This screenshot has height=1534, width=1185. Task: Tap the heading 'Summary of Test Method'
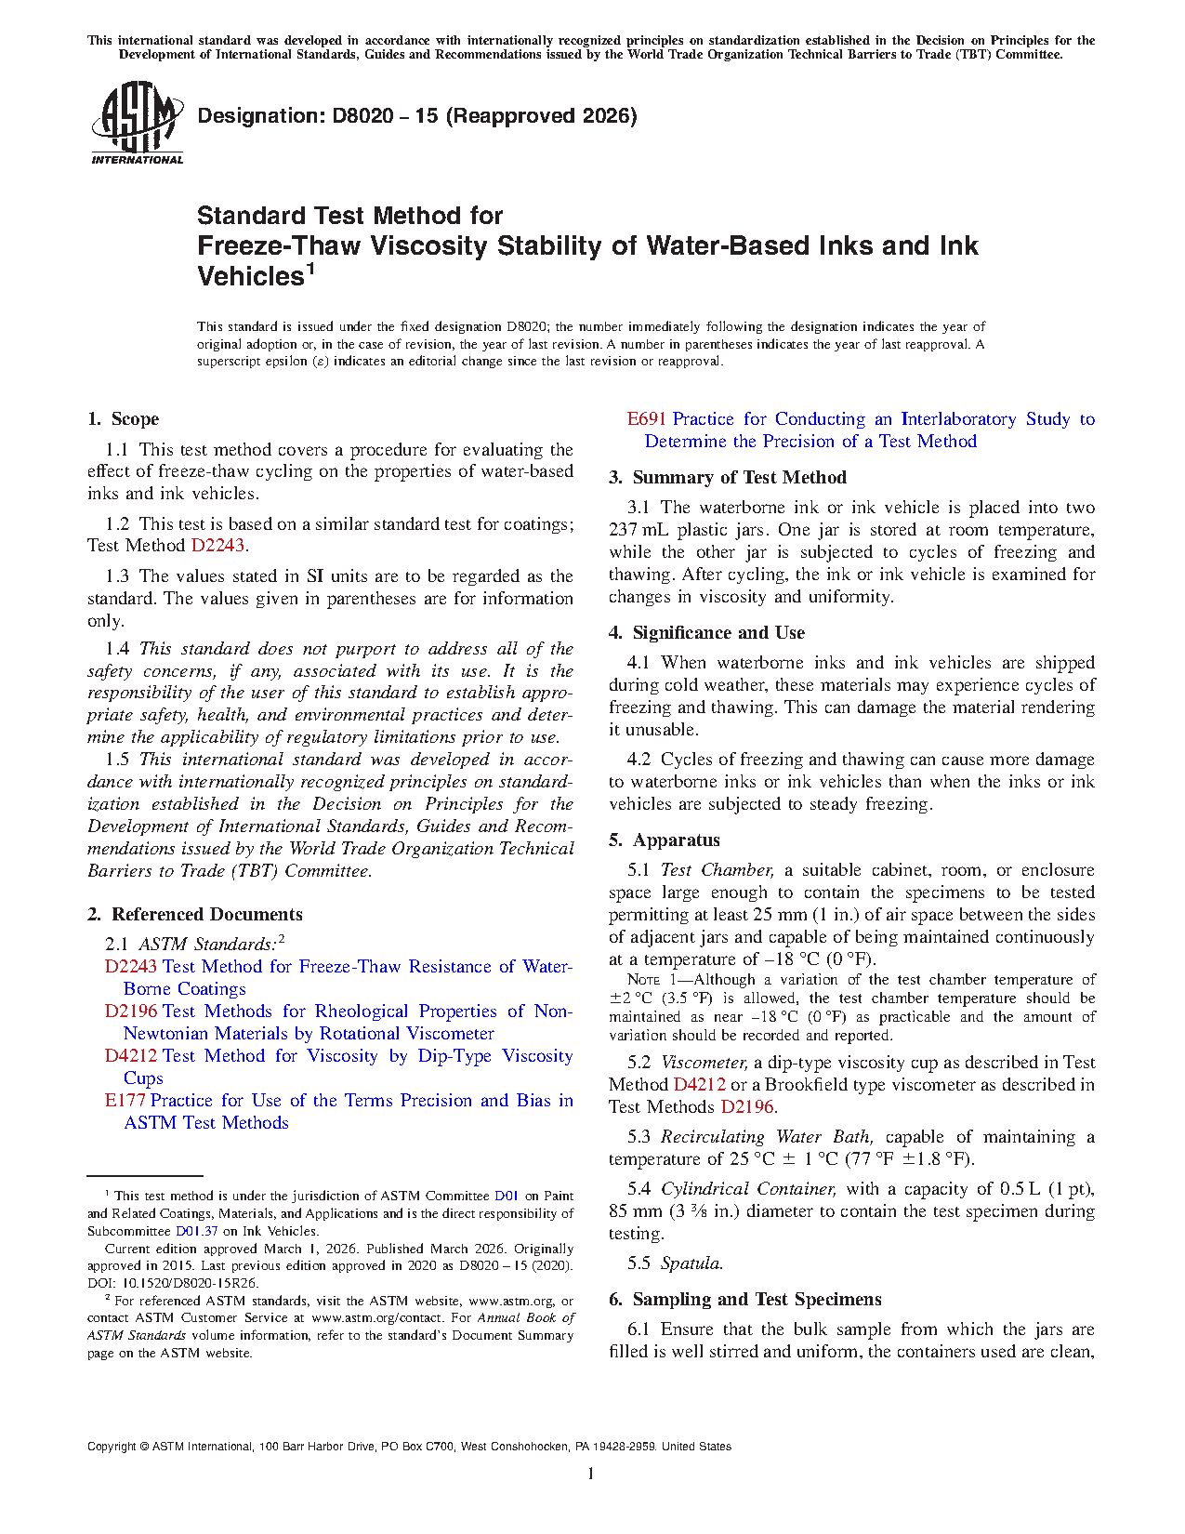pyautogui.click(x=739, y=478)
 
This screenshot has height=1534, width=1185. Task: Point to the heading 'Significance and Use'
pyautogui.click(x=718, y=633)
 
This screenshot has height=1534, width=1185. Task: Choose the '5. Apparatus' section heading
pyautogui.click(x=665, y=840)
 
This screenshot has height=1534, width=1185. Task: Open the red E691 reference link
pyautogui.click(x=647, y=419)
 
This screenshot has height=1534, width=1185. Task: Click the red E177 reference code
pyautogui.click(x=125, y=1101)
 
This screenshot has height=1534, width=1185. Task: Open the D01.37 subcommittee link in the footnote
pyautogui.click(x=196, y=1231)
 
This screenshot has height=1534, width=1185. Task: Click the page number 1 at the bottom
pyautogui.click(x=591, y=1474)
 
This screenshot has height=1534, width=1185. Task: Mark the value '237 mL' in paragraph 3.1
pyautogui.click(x=639, y=530)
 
